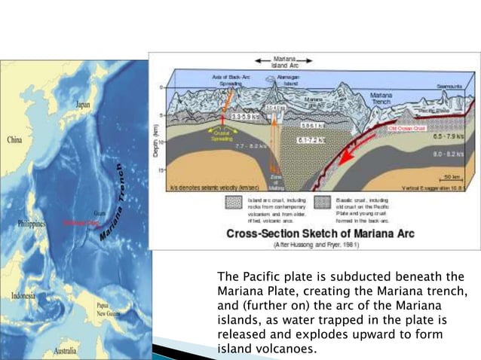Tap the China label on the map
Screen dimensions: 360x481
click(x=15, y=140)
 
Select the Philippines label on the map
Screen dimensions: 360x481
click(x=26, y=224)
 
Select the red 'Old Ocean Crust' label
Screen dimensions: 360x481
click(x=408, y=129)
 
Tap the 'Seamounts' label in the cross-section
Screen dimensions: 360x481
click(x=451, y=87)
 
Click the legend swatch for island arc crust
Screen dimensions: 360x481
click(x=233, y=203)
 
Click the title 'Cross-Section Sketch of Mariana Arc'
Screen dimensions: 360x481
click(x=314, y=233)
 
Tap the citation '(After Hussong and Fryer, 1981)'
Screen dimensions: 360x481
click(x=314, y=244)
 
